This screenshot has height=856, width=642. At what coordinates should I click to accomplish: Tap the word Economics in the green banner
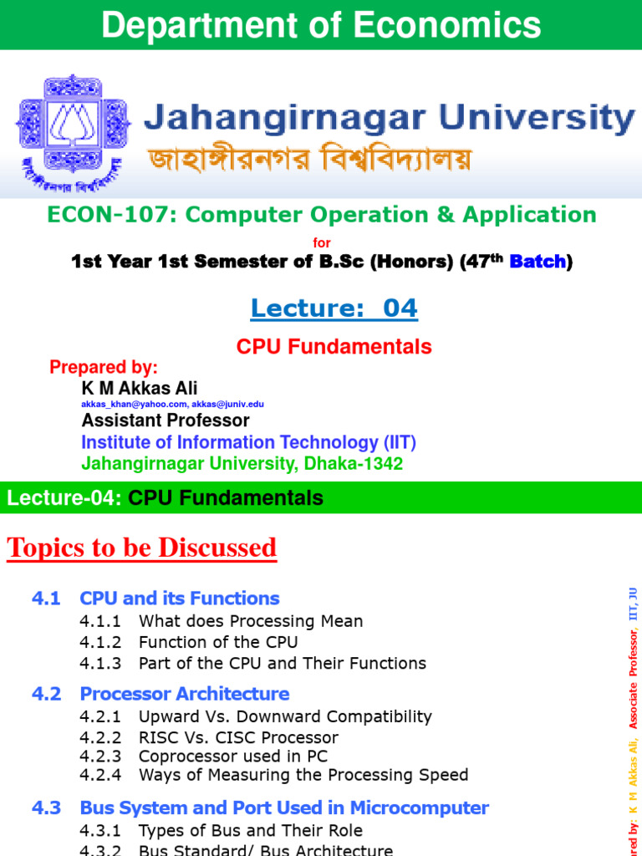(448, 25)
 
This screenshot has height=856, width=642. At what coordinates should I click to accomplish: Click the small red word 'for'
(321, 242)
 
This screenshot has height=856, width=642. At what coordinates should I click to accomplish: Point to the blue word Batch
(538, 262)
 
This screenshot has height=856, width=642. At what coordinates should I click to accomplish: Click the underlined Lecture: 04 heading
(334, 308)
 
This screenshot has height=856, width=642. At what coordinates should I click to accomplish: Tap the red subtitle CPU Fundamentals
(334, 346)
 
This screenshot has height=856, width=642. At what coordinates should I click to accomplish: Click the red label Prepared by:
(104, 367)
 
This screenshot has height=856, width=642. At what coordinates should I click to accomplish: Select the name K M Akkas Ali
(140, 388)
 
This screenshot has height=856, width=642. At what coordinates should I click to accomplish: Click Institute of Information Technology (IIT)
(248, 442)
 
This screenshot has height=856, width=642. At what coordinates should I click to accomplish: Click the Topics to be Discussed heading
(142, 548)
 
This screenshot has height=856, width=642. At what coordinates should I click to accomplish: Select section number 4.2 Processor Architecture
(160, 694)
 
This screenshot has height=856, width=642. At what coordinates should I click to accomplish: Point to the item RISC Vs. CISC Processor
(238, 737)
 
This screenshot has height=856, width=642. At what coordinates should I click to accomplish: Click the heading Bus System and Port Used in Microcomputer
(284, 808)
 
